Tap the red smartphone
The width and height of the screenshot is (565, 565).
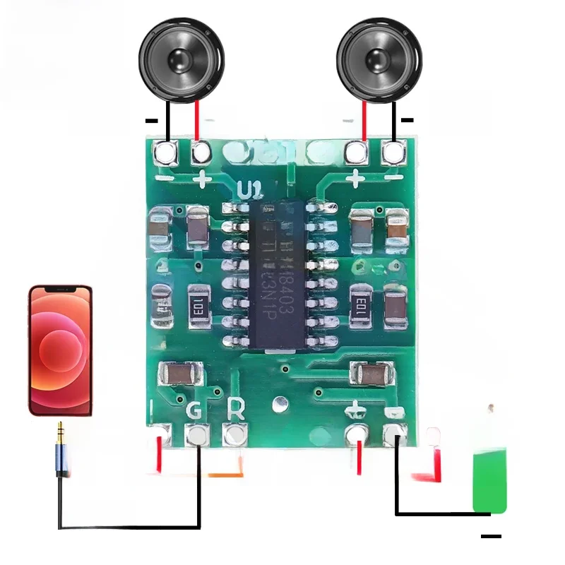[60, 350]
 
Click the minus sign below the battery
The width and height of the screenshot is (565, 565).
[491, 537]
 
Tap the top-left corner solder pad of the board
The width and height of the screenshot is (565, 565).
[165, 150]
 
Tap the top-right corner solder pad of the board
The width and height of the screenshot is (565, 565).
[393, 150]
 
